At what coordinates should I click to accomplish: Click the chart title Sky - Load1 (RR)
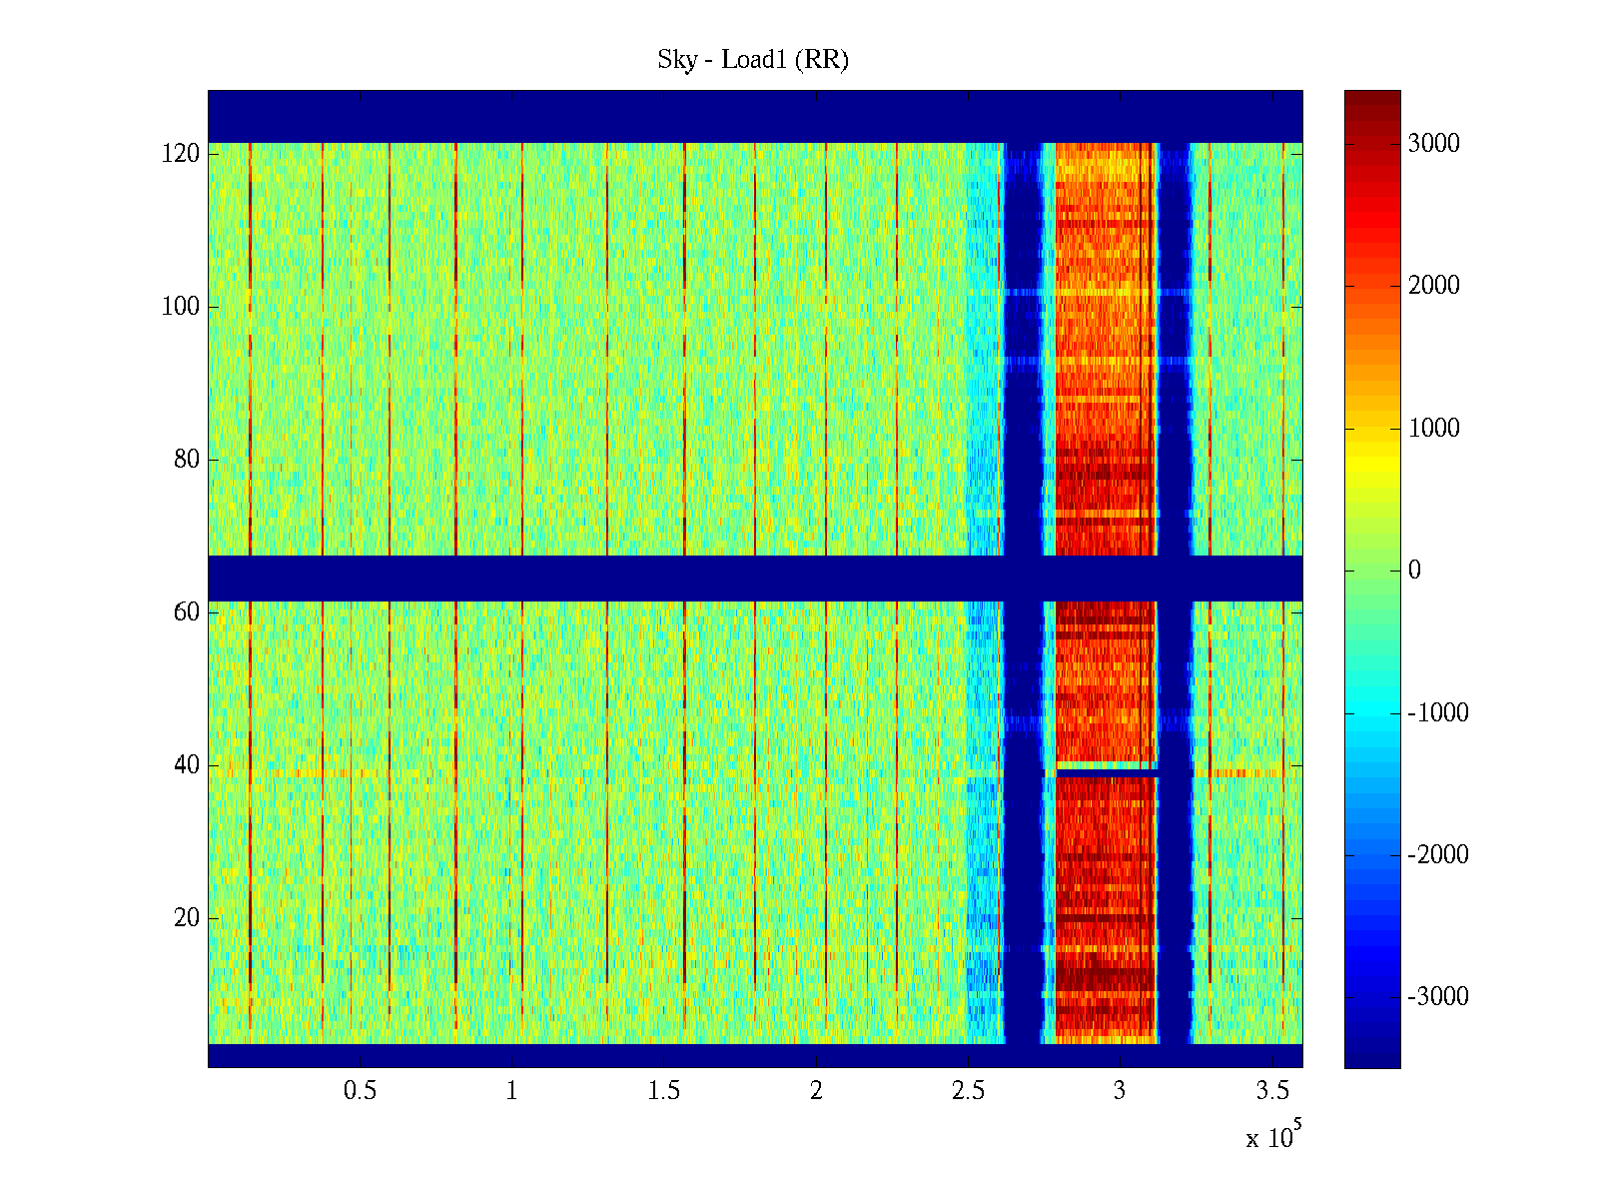[753, 60]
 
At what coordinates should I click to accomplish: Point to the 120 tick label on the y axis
[181, 154]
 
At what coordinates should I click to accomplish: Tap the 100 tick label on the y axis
[181, 307]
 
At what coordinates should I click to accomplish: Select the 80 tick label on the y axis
[187, 460]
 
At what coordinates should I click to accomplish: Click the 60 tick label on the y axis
[187, 612]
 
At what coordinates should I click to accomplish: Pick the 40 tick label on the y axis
[187, 765]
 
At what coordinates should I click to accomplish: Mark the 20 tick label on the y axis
[187, 918]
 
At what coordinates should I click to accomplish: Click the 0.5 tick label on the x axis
[360, 1091]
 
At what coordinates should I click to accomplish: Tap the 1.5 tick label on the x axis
[664, 1091]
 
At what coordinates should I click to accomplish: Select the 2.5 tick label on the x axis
[968, 1091]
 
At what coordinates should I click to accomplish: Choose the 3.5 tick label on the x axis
[1272, 1091]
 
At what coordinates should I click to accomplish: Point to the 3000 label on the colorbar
[1433, 144]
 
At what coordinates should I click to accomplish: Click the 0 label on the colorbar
[1414, 571]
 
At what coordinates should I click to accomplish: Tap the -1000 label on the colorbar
[1438, 713]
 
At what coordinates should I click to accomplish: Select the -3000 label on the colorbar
[1438, 997]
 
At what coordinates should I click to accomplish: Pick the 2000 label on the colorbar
[1433, 286]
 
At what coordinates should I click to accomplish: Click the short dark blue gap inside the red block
[1107, 773]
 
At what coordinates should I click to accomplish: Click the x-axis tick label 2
[816, 1091]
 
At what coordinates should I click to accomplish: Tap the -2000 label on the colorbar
[1438, 855]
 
